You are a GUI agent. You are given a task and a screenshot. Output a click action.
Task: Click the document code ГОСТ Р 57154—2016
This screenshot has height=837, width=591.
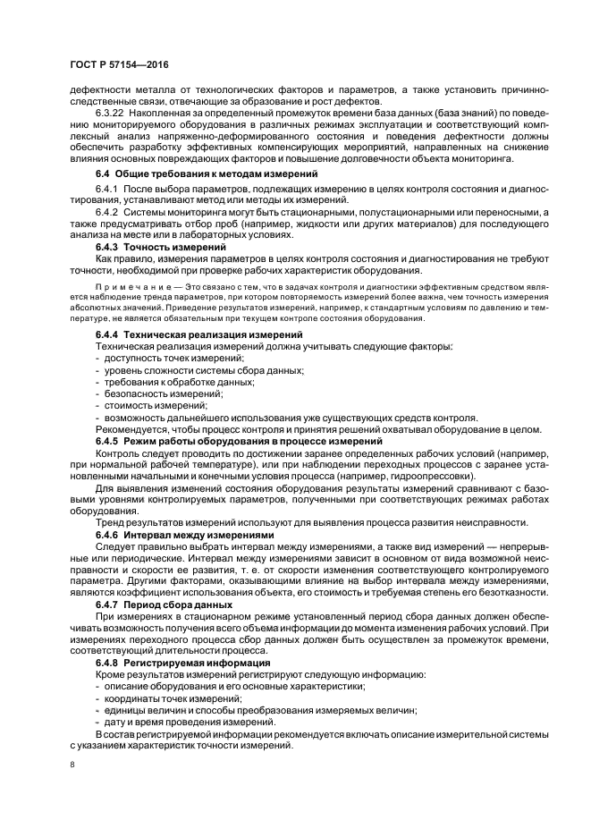tap(118, 66)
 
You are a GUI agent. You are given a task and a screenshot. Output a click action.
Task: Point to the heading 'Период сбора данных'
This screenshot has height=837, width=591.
tap(176, 605)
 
